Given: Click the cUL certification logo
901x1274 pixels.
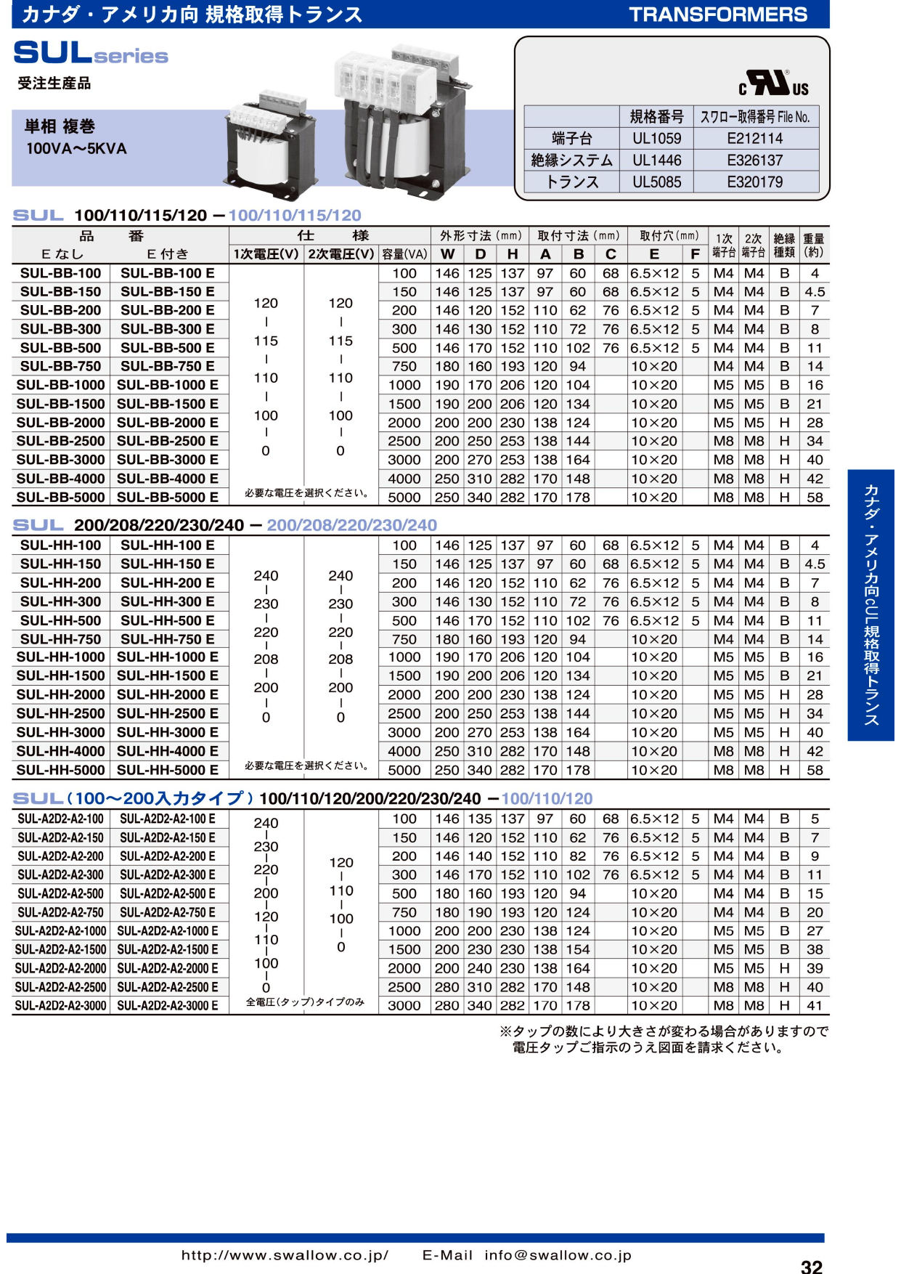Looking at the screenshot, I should tap(774, 84).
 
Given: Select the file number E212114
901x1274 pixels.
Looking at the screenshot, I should tap(754, 139).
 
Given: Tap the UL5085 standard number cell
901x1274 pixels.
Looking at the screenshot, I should tap(656, 182).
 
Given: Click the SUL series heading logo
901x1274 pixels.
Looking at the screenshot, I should tap(91, 53).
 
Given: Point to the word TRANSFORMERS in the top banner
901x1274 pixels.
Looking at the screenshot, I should tap(717, 15).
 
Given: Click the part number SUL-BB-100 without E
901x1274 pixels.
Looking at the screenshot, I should tap(61, 273).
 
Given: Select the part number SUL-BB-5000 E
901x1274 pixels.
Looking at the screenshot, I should tap(168, 498).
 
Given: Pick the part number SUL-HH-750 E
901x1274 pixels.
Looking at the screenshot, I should tap(168, 639).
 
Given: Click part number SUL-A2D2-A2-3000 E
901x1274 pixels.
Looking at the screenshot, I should tap(168, 1005).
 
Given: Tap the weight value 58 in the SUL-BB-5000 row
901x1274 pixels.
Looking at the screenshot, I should tap(815, 498).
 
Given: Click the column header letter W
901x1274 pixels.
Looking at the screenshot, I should tap(447, 254).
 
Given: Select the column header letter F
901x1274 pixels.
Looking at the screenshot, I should tap(695, 254).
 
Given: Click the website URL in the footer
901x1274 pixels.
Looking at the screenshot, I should tap(285, 1255).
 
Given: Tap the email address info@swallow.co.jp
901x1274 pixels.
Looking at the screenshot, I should tap(558, 1255).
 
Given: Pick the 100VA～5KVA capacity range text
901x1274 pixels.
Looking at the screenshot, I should tap(76, 149).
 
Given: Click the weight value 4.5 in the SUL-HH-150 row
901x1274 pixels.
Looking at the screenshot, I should tap(815, 564).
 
